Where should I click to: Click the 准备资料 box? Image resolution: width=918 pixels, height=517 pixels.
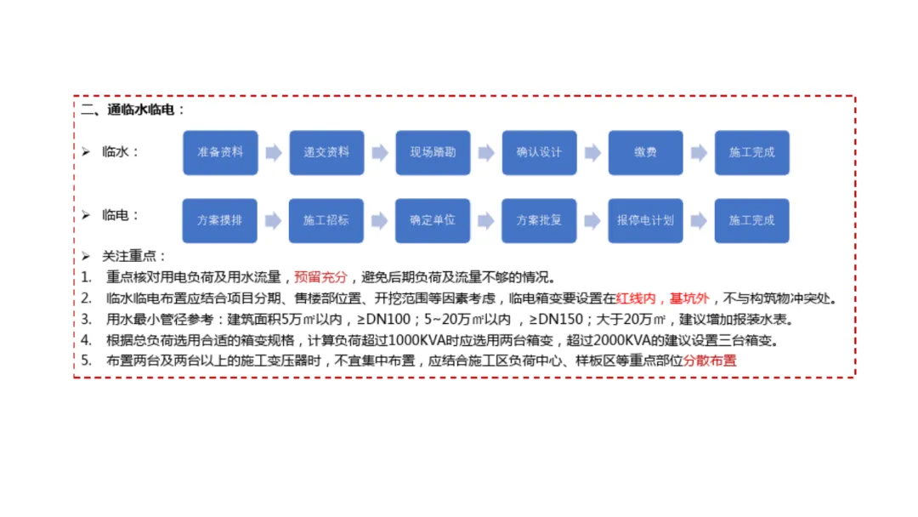[220, 153]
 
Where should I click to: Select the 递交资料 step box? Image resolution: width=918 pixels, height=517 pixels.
[326, 153]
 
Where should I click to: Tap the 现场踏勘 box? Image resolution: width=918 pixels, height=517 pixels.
[433, 153]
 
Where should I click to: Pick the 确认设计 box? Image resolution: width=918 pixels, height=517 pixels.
[539, 153]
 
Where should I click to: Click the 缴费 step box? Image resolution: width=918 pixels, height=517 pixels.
[645, 153]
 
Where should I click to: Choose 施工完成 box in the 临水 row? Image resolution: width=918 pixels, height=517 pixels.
[751, 153]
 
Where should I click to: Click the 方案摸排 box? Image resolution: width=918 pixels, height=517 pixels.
[220, 220]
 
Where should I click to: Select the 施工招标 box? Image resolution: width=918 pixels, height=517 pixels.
[326, 220]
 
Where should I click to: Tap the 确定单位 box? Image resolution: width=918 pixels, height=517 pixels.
[433, 220]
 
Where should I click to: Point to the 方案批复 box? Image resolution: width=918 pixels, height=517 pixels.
[539, 220]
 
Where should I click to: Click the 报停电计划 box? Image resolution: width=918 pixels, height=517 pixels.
[645, 220]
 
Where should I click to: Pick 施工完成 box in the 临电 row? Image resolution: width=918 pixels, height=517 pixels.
[751, 220]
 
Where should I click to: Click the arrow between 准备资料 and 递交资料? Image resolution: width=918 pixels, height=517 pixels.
[273, 153]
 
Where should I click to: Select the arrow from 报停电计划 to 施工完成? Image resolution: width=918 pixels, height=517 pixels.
[699, 220]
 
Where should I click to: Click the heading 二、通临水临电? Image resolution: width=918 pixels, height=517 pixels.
[133, 110]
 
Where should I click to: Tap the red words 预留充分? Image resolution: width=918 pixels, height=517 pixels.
[321, 277]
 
